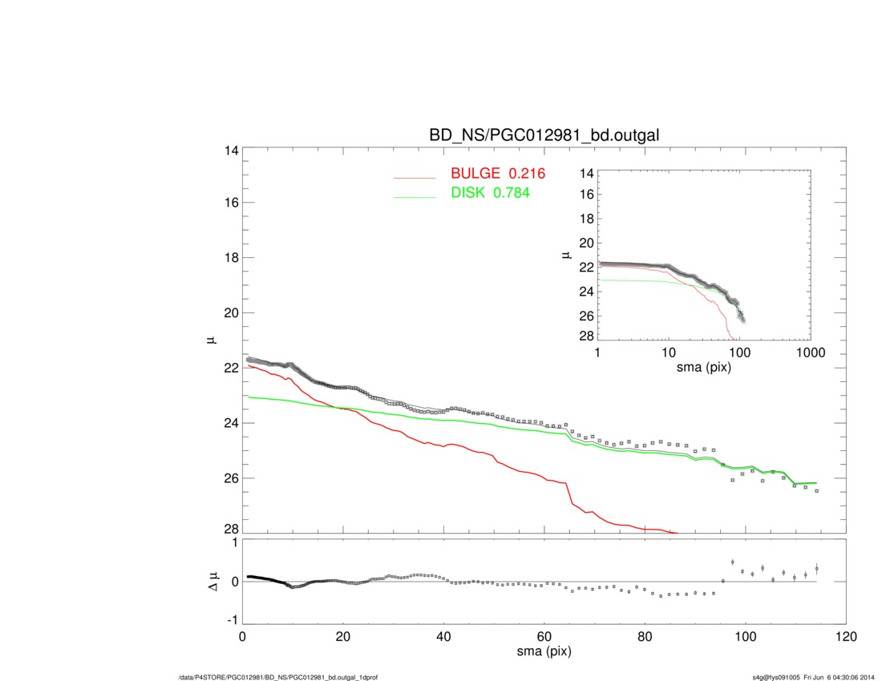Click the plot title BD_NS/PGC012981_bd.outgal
point(544,135)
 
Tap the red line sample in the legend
point(414,177)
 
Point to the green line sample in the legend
point(414,196)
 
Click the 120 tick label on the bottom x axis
point(845,637)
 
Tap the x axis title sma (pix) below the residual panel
point(544,653)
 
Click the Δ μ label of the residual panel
point(211,581)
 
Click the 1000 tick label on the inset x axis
point(810,353)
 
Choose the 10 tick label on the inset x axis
point(669,353)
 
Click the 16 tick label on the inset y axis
point(585,194)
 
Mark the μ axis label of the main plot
point(211,340)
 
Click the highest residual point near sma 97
point(732,562)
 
